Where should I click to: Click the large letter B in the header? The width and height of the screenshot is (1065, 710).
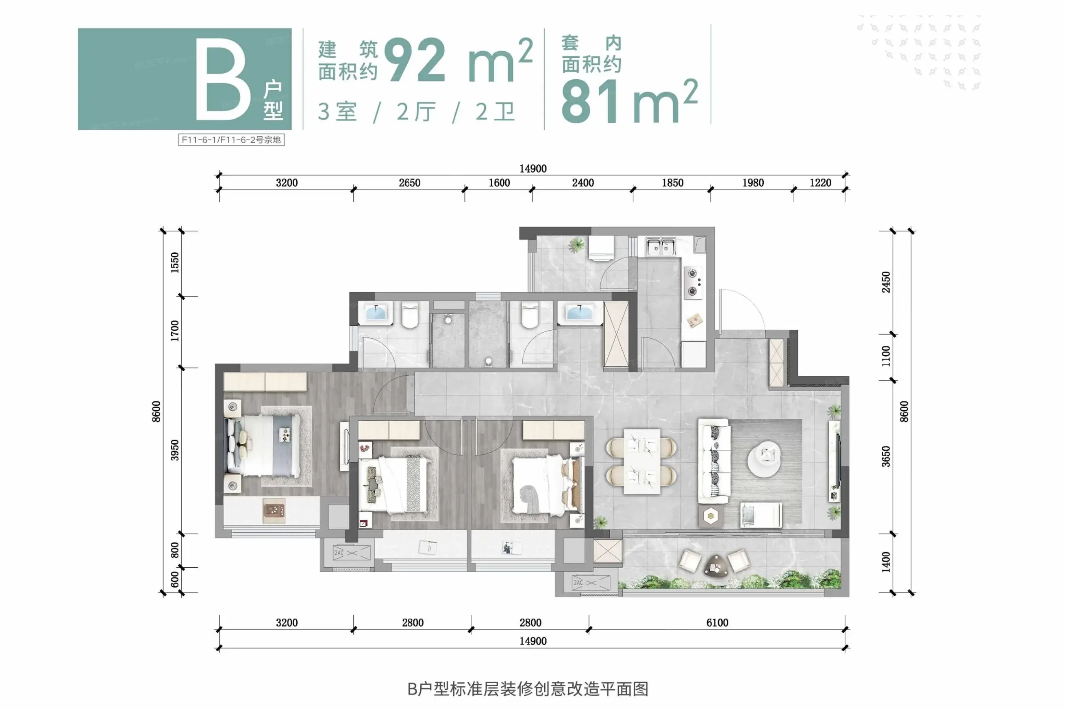click(223, 79)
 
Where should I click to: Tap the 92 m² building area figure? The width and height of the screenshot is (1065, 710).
click(458, 60)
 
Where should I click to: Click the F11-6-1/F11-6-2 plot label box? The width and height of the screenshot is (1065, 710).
click(231, 139)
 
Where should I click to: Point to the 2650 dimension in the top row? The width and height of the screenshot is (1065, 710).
click(409, 183)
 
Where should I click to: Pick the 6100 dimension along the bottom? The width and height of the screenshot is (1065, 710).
click(717, 623)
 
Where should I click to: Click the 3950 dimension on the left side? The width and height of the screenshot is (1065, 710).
click(175, 450)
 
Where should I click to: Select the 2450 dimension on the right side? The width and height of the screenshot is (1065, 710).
click(886, 282)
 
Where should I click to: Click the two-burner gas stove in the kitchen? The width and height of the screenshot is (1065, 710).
click(693, 282)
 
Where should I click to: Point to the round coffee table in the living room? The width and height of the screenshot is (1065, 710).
click(764, 458)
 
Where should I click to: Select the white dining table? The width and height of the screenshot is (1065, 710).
click(642, 462)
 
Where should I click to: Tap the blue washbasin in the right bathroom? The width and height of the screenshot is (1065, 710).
click(579, 312)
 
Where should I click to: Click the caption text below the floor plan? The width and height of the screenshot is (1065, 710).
click(528, 689)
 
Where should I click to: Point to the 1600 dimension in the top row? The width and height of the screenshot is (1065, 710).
click(499, 183)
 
